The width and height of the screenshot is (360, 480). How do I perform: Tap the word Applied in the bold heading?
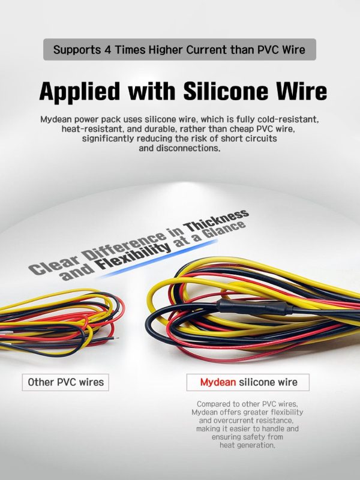pyautogui.click(x=80, y=92)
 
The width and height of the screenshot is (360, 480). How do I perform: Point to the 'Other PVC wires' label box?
pyautogui.click(x=65, y=382)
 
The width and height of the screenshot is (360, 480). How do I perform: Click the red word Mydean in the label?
pyautogui.click(x=218, y=382)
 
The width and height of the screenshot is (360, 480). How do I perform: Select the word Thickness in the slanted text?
pyautogui.click(x=217, y=221)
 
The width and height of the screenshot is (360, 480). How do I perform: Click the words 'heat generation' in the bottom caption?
pyautogui.click(x=247, y=445)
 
